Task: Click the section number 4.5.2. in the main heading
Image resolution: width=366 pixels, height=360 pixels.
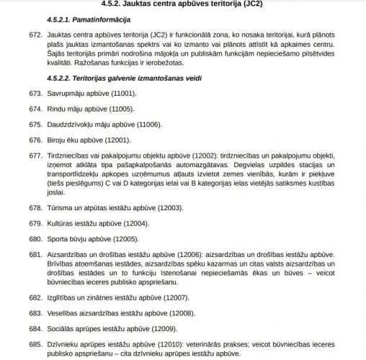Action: pos(118,6)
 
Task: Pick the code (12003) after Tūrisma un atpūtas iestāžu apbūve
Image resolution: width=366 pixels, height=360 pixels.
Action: pos(167,208)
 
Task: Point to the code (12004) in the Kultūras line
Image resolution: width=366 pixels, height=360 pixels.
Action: pos(133,223)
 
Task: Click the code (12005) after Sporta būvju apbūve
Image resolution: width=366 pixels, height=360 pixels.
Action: pos(122,238)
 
